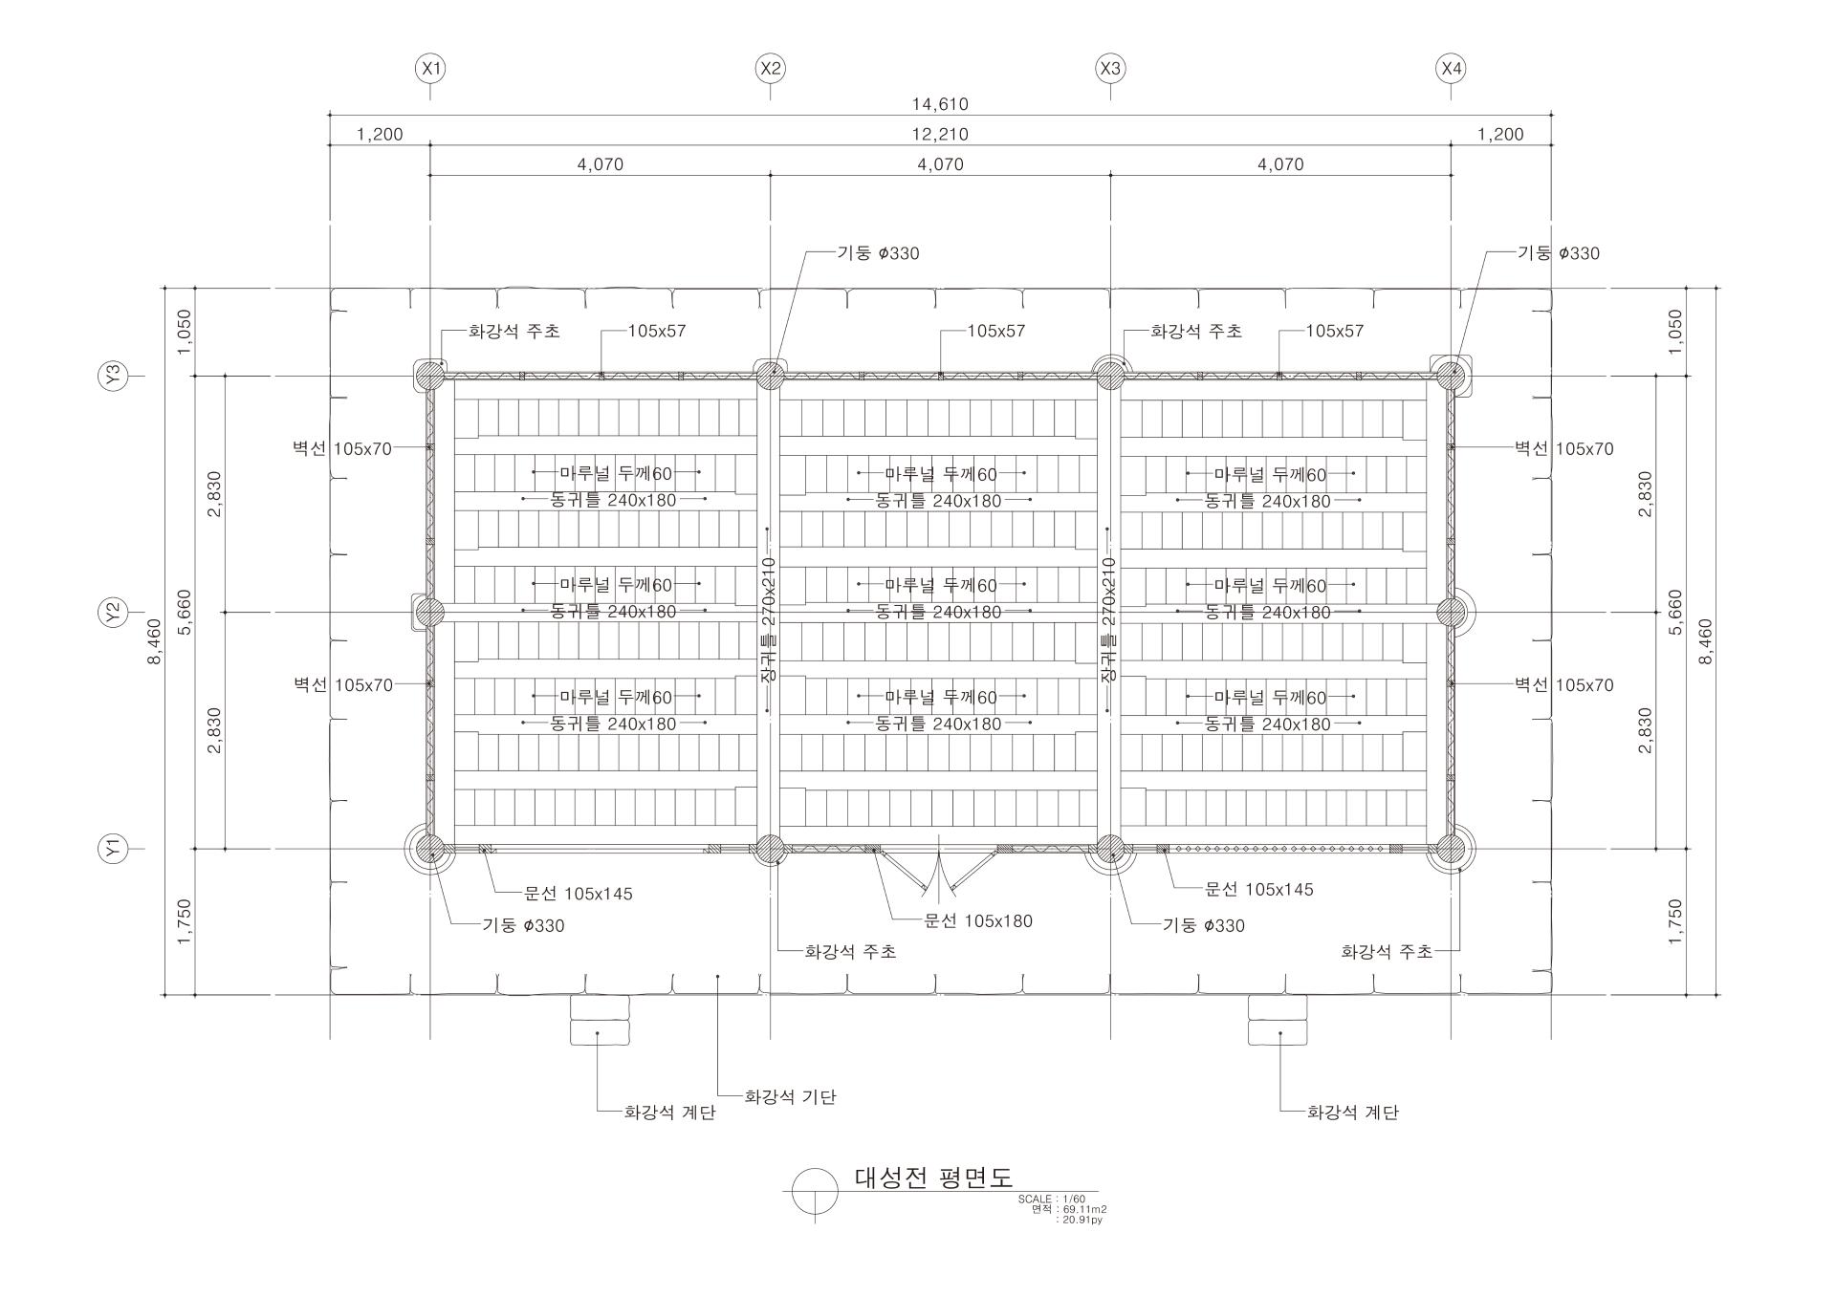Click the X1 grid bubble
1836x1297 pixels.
(430, 69)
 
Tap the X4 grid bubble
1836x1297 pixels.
(1451, 69)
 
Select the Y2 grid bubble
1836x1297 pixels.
(114, 612)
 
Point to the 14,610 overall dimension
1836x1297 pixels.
(940, 104)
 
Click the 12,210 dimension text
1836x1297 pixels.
(940, 135)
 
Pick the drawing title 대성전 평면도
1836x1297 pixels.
(932, 1178)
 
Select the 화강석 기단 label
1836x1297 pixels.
(790, 1097)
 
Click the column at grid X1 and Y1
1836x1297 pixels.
(430, 848)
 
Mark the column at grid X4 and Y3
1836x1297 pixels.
(1451, 376)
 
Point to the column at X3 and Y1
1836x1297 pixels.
(1110, 848)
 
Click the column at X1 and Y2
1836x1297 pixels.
(430, 612)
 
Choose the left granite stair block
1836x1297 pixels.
(600, 1020)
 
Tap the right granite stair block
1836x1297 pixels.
(1278, 1020)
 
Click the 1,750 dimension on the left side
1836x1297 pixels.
(185, 921)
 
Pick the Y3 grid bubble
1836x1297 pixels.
(114, 376)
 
